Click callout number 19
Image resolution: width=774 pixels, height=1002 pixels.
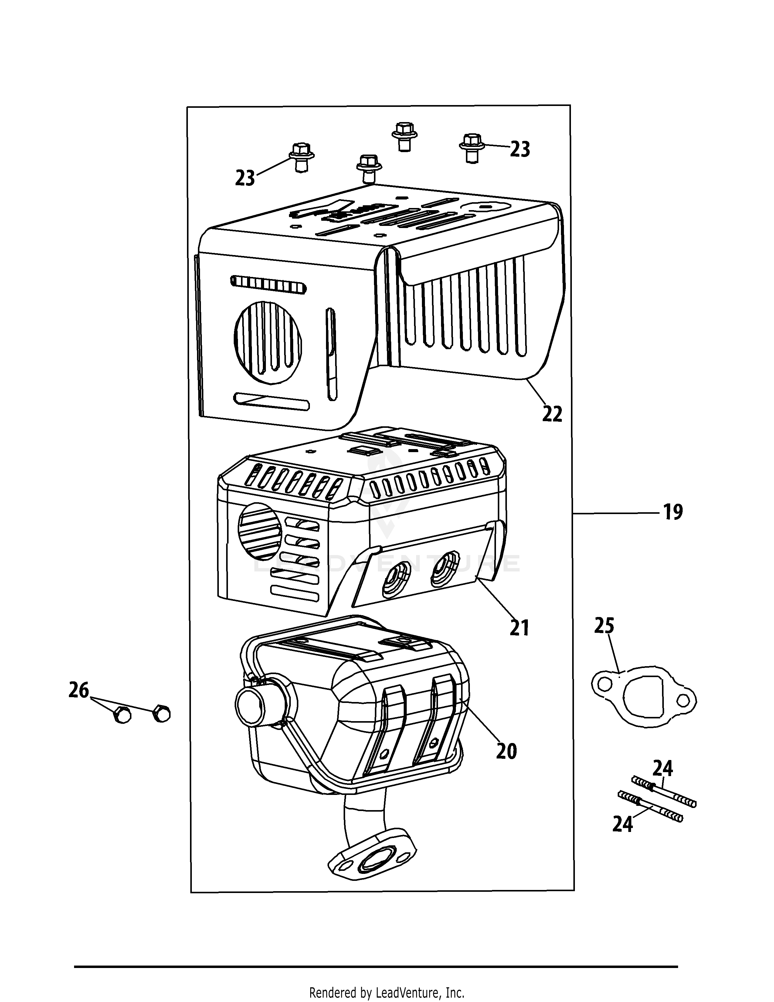tap(673, 512)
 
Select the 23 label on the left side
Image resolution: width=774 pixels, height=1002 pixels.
tap(245, 178)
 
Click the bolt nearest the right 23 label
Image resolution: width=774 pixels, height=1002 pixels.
tap(472, 148)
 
